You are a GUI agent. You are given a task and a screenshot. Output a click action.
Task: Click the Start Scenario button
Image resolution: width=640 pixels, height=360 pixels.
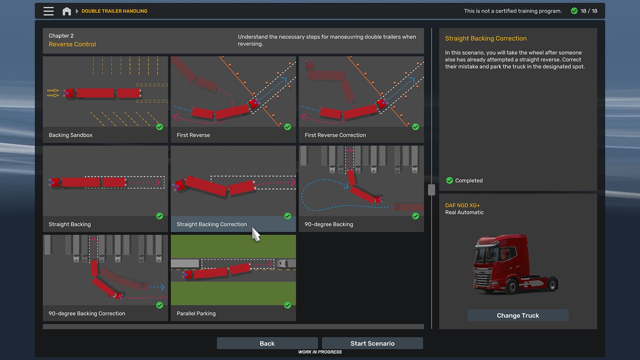coord(372,343)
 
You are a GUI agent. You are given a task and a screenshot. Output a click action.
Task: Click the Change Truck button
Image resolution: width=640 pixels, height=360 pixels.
coord(518,315)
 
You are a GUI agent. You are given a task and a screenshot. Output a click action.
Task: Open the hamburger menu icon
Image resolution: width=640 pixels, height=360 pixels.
coord(49,11)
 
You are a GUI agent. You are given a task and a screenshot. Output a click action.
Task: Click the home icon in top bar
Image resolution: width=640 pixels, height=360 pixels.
coord(67,11)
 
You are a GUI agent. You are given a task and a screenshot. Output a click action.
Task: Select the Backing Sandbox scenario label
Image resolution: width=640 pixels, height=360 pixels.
coord(70,135)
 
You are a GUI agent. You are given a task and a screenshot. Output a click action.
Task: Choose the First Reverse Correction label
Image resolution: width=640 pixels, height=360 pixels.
coord(335,135)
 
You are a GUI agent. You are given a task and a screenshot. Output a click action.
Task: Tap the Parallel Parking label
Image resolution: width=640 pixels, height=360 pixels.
coord(196,313)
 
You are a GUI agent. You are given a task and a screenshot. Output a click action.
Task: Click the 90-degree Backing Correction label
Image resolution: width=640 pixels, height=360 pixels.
coord(87,313)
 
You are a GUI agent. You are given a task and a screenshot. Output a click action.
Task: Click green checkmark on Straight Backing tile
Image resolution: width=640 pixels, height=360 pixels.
coord(160,216)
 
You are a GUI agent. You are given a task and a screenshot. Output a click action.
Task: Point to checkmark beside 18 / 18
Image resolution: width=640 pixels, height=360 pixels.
coord(574,11)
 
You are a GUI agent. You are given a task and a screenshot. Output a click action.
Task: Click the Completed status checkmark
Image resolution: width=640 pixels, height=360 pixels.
coord(449,180)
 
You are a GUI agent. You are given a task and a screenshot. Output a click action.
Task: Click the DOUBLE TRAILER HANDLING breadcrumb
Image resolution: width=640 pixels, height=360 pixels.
coord(114,11)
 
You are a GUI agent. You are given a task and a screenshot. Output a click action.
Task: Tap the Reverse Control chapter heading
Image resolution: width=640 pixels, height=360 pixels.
coord(72,44)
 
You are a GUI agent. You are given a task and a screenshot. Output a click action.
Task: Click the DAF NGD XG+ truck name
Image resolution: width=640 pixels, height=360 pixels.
coord(462,205)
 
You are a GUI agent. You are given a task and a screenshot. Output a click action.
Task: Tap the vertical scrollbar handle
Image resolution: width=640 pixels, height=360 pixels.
coord(431,190)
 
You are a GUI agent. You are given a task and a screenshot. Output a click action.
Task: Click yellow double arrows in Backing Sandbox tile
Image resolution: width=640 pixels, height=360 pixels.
coord(53,93)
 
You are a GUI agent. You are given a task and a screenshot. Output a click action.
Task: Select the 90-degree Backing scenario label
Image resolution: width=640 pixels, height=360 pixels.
coord(329,224)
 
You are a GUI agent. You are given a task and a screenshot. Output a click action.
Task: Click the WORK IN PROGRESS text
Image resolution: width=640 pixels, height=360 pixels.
coord(320,352)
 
